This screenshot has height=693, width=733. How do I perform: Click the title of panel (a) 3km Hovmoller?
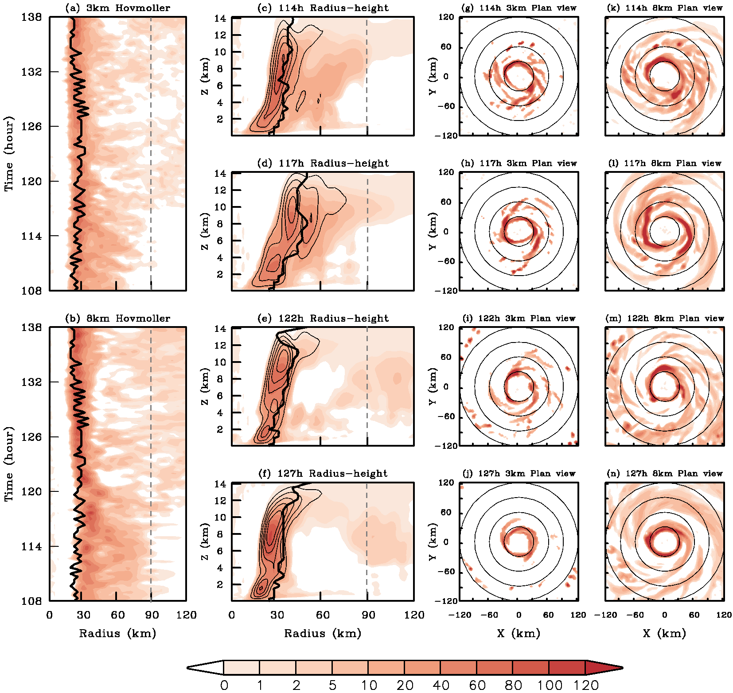(x=117, y=8)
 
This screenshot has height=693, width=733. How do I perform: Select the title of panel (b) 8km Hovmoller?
(x=117, y=318)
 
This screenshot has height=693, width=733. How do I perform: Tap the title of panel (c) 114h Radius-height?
(x=323, y=8)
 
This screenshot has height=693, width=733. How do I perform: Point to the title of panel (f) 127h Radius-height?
(x=323, y=473)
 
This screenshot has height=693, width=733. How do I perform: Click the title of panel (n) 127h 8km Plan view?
(x=665, y=473)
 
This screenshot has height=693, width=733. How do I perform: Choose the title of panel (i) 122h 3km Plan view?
(x=519, y=318)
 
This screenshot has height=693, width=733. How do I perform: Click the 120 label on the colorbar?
(x=586, y=685)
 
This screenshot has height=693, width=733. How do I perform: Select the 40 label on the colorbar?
(x=441, y=685)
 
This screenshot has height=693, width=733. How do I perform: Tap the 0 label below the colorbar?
(x=224, y=685)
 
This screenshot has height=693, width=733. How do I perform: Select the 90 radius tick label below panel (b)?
(x=152, y=615)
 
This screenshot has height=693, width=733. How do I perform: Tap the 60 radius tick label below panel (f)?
(x=323, y=615)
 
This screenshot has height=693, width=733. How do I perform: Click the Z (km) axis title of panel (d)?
(x=205, y=231)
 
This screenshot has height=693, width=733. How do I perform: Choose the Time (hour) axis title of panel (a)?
(x=9, y=153)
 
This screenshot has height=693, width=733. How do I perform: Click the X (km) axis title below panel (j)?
(x=519, y=633)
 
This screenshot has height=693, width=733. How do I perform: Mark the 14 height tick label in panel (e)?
(x=220, y=329)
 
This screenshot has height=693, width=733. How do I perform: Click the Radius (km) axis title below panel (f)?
(x=323, y=633)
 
